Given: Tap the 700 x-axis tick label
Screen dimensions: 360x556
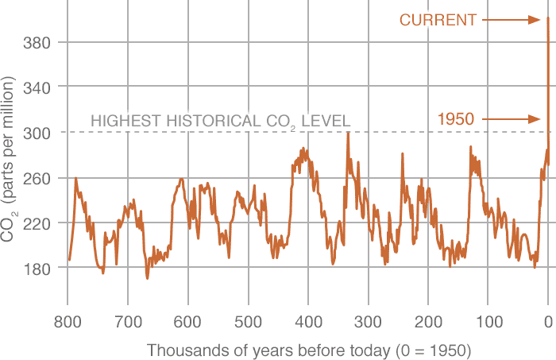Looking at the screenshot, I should click(x=127, y=323).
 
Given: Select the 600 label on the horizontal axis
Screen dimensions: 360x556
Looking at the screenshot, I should click(x=187, y=323).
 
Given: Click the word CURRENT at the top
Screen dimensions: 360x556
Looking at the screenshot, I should click(x=438, y=20).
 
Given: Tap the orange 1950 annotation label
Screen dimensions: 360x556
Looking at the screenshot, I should click(x=456, y=120).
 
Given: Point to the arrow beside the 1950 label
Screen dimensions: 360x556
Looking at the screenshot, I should click(x=511, y=120).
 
